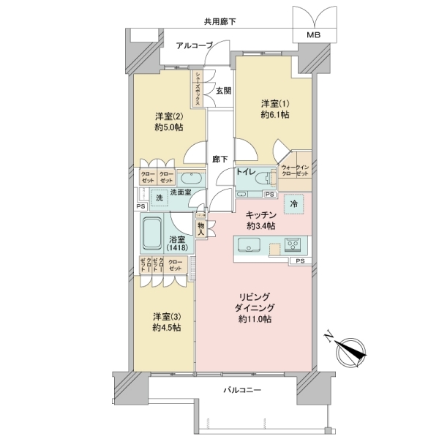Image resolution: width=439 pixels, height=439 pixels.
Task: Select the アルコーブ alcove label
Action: pyautogui.click(x=194, y=45)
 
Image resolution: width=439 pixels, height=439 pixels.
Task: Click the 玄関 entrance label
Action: pyautogui.click(x=223, y=91)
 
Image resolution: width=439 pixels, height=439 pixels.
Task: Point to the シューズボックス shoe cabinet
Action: pyautogui.click(x=198, y=88)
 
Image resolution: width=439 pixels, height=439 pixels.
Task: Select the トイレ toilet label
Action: pyautogui.click(x=245, y=172)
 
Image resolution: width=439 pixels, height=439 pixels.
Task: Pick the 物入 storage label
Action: pyautogui.click(x=201, y=229)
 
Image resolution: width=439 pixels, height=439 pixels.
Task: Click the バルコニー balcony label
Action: pyautogui.click(x=241, y=392)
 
